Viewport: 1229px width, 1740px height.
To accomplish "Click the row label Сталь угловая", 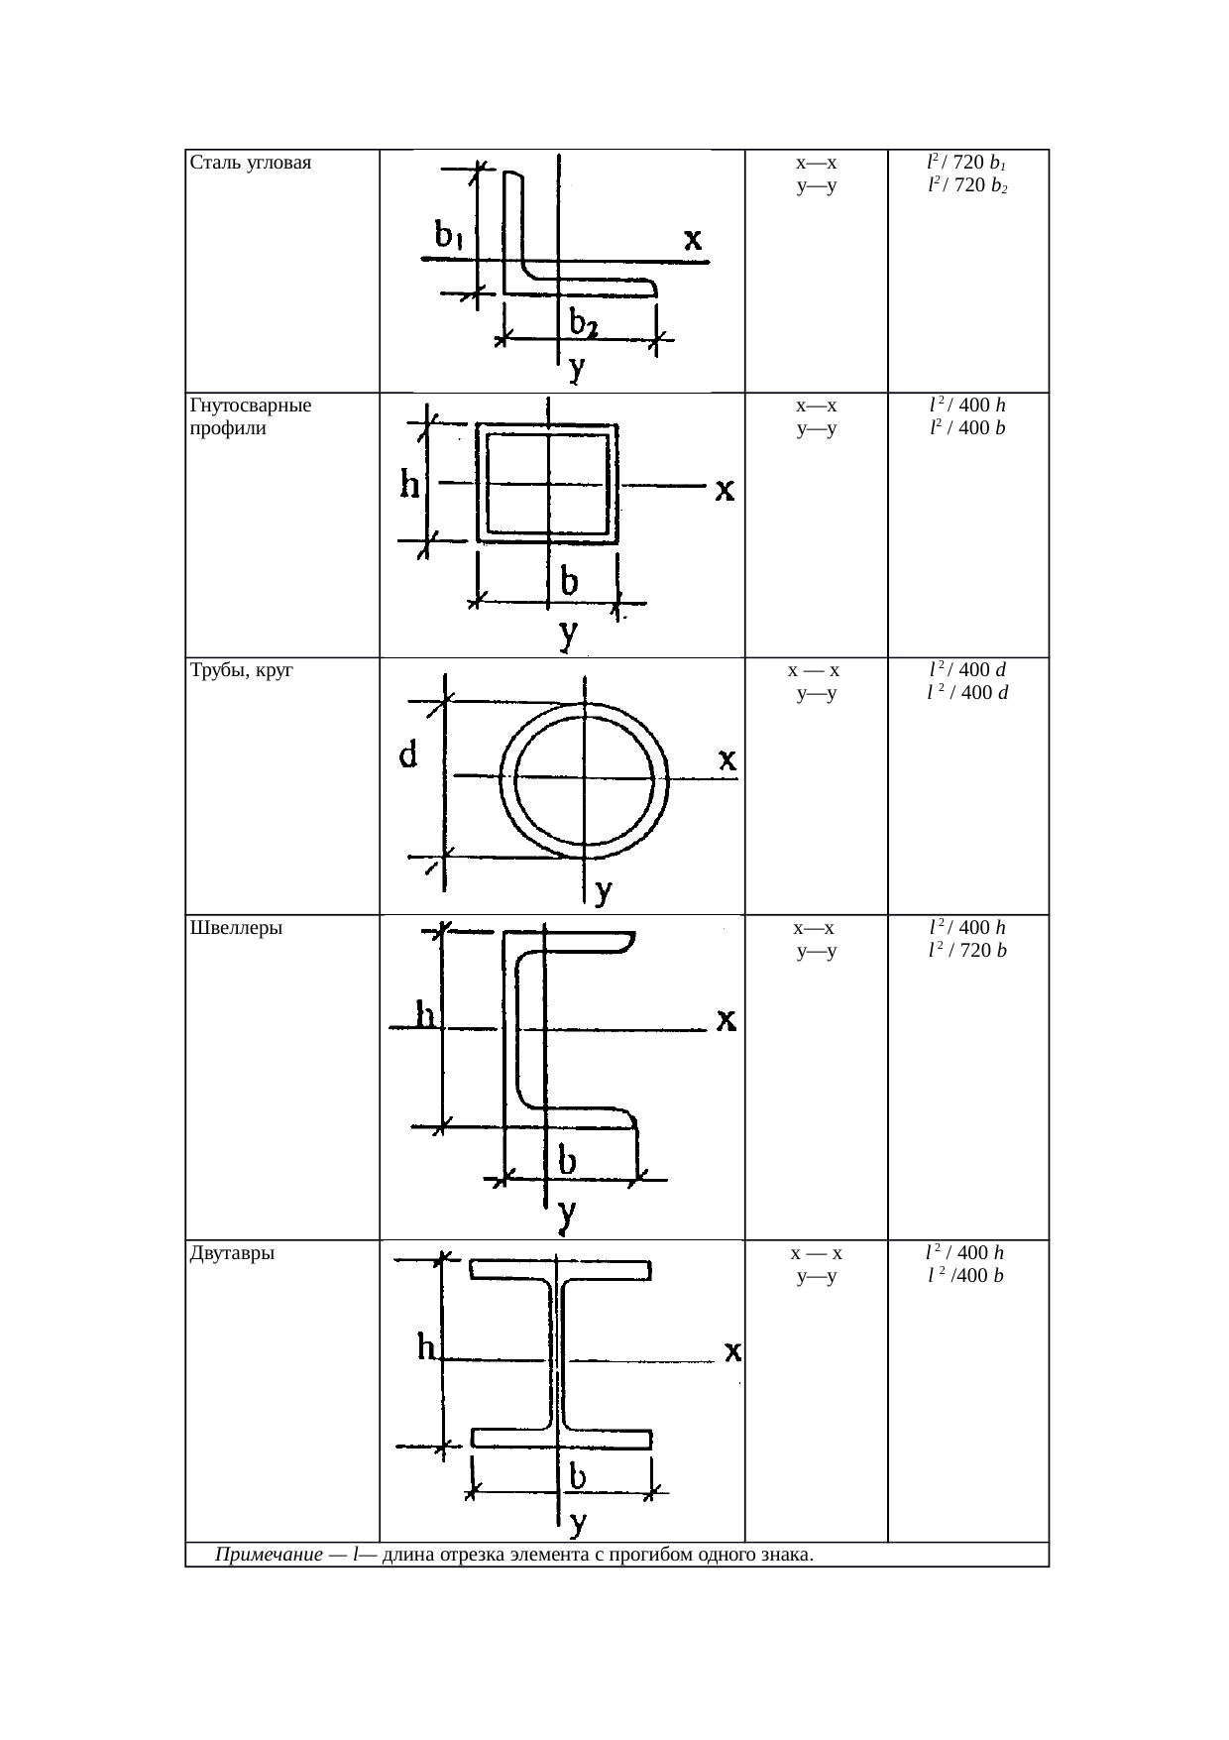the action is coord(250,164).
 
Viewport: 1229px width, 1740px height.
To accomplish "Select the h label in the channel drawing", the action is coord(426,1015).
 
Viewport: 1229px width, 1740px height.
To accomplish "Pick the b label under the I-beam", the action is coord(577,1478).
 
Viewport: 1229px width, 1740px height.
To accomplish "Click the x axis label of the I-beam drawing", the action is coord(733,1351).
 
